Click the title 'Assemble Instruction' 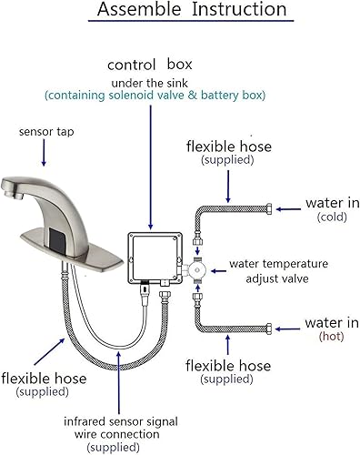(x=180, y=12)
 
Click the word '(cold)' (x=332, y=217)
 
